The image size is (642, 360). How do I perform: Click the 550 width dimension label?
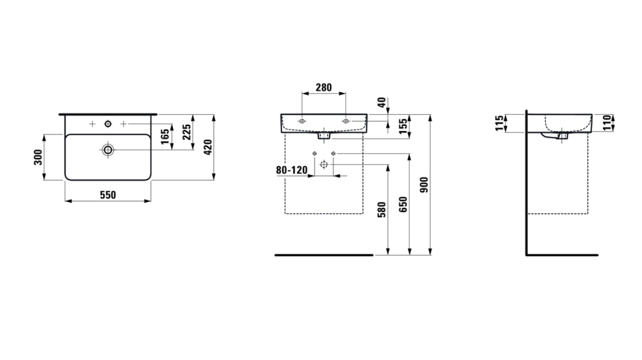click(108, 195)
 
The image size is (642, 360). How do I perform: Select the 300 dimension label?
click(38, 157)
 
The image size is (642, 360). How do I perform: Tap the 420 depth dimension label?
click(208, 147)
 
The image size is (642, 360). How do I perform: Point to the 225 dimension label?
click(187, 132)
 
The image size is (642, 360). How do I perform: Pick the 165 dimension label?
click(165, 137)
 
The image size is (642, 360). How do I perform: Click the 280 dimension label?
click(324, 87)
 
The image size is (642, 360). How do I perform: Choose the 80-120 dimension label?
click(292, 170)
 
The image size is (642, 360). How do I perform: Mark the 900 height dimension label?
click(424, 185)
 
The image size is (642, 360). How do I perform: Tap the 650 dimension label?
click(403, 204)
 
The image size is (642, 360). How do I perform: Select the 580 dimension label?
click(382, 209)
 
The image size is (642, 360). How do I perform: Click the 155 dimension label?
click(403, 126)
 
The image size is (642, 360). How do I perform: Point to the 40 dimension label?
click(382, 102)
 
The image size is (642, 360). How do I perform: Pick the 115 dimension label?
click(499, 123)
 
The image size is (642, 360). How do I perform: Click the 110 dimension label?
click(607, 123)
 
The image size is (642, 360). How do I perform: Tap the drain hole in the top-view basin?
click(108, 149)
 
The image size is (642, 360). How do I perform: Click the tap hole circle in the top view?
click(108, 124)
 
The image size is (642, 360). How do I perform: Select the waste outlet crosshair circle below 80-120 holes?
click(324, 165)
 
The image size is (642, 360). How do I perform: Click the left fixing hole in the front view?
click(302, 121)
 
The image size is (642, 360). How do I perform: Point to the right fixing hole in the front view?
click(346, 121)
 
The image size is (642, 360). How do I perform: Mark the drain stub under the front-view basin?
click(324, 136)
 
